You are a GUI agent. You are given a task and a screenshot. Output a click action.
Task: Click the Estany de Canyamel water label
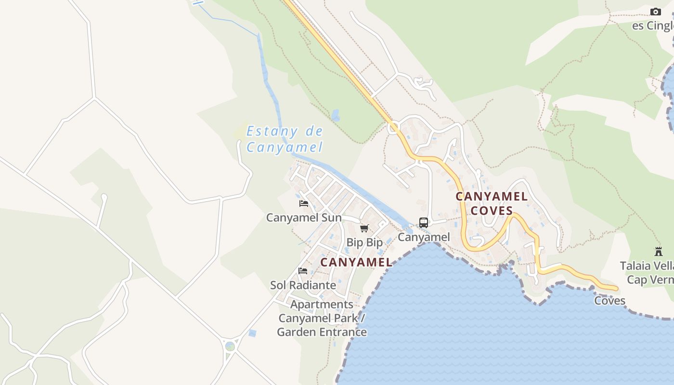pyautogui.click(x=285, y=139)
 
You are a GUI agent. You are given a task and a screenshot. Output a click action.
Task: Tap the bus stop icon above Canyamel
pyautogui.click(x=424, y=223)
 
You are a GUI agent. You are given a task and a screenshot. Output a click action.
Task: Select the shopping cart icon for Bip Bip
pyautogui.click(x=364, y=228)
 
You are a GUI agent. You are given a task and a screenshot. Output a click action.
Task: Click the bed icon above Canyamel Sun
pyautogui.click(x=304, y=204)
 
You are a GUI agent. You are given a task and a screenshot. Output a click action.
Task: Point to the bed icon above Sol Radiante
pyautogui.click(x=303, y=271)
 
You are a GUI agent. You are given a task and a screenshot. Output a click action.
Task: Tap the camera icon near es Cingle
pyautogui.click(x=656, y=12)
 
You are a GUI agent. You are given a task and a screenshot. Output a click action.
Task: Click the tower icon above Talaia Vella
pyautogui.click(x=659, y=251)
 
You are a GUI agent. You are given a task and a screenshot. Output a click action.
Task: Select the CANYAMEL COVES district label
pyautogui.click(x=492, y=204)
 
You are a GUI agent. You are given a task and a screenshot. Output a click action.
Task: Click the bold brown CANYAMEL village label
pyautogui.click(x=356, y=262)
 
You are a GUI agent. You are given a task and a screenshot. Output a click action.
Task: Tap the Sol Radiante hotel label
pyautogui.click(x=303, y=285)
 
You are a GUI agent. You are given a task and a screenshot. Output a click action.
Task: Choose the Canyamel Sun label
pyautogui.click(x=304, y=218)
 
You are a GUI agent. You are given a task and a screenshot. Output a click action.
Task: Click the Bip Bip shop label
pyautogui.click(x=364, y=242)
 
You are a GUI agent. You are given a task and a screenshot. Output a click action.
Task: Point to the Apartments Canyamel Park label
pyautogui.click(x=322, y=318)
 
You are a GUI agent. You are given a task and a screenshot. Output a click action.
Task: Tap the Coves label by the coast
pyautogui.click(x=609, y=301)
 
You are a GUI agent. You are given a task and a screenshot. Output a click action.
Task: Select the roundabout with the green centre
pyautogui.click(x=230, y=346)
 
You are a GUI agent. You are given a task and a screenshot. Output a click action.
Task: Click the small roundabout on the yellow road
pyautogui.click(x=393, y=128)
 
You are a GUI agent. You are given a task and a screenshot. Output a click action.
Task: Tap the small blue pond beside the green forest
pyautogui.click(x=335, y=115)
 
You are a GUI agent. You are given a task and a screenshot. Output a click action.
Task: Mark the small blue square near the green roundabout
pyautogui.click(x=252, y=333)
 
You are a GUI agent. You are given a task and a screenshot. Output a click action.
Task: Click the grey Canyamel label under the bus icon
pyautogui.click(x=424, y=237)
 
